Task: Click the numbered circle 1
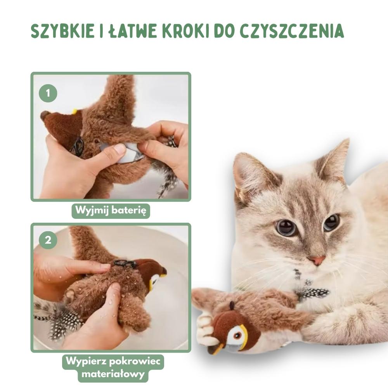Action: (x=48, y=93)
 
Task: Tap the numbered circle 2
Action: (x=48, y=240)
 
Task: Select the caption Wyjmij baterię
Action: (x=111, y=211)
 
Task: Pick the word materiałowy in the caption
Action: (x=113, y=374)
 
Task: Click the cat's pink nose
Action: (x=317, y=260)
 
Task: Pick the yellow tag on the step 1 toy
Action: (x=74, y=111)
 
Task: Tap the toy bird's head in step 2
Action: (x=151, y=272)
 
